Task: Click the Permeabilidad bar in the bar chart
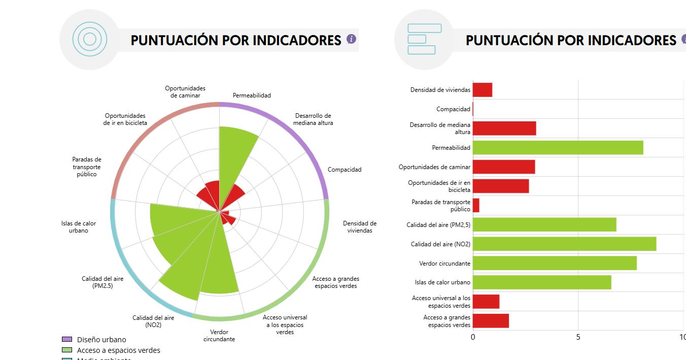point(558,148)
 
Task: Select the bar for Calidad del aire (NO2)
point(564,244)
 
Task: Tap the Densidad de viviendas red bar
point(483,90)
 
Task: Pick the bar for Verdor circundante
point(555,263)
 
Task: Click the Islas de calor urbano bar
point(542,282)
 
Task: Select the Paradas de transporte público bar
point(476,206)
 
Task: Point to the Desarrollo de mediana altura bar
point(504,128)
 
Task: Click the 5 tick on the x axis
point(578,337)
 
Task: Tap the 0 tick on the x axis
point(473,337)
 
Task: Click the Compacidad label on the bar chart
point(453,109)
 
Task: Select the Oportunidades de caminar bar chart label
point(434,167)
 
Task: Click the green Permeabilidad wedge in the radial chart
point(236,152)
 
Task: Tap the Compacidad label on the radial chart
point(345,170)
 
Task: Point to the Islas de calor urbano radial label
point(79,227)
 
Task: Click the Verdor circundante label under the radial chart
point(219,336)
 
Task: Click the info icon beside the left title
point(351,39)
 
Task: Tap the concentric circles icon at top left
point(90,39)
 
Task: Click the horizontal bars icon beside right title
point(424,39)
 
